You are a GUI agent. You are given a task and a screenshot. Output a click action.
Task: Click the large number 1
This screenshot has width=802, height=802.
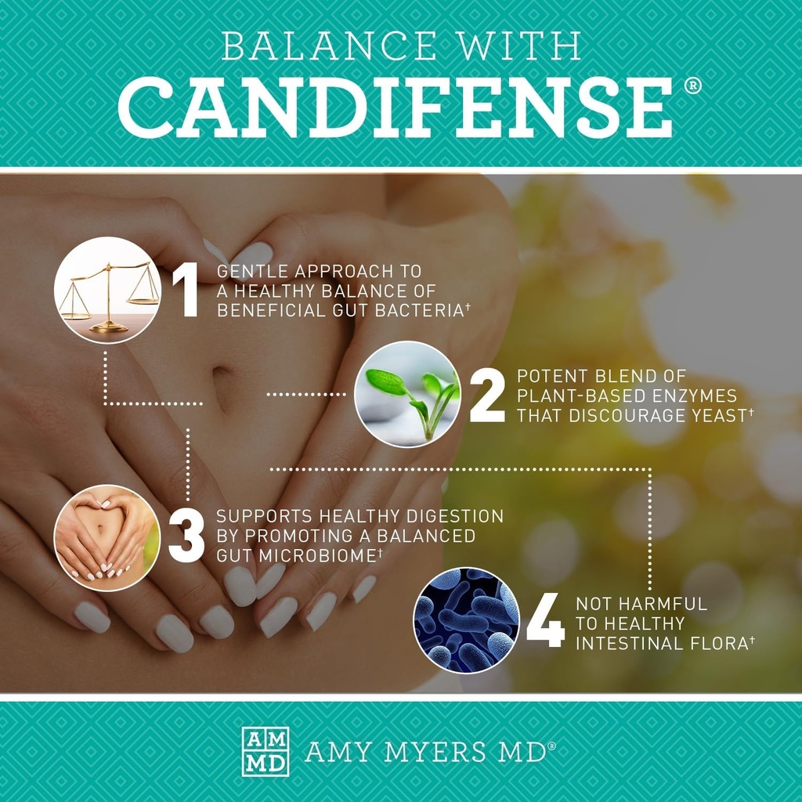tap(186, 291)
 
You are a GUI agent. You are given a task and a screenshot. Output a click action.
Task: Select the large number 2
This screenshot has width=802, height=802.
tap(487, 396)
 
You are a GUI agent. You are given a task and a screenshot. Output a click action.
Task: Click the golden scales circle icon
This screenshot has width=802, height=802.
tap(108, 291)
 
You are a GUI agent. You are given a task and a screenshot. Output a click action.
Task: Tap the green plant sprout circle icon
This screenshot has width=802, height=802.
tap(407, 395)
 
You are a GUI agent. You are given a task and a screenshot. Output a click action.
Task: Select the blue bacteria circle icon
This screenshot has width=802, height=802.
tap(467, 620)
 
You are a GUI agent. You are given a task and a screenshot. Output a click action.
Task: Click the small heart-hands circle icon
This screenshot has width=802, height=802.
tap(107, 537)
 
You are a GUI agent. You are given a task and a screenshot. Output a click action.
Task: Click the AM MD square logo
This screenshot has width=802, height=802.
tap(265, 751)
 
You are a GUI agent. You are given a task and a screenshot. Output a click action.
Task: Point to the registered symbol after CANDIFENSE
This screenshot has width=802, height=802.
tap(692, 86)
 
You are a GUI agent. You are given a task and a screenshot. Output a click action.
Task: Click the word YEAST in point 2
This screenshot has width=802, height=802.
tap(710, 415)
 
